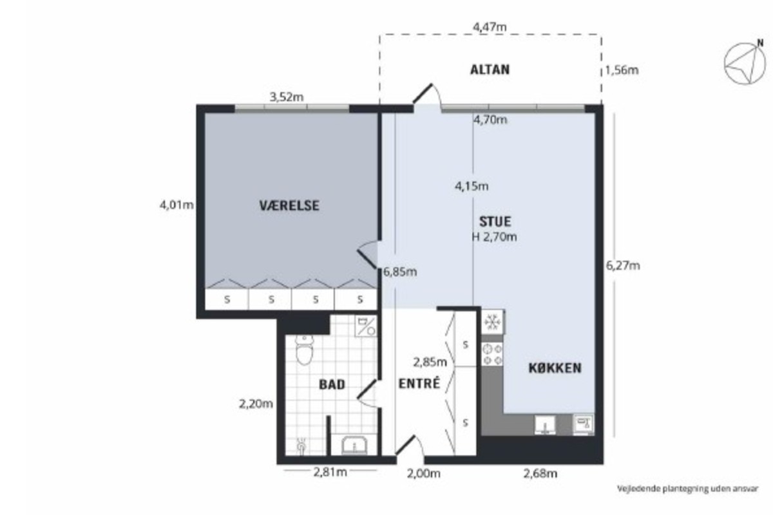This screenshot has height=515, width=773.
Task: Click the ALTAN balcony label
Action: pyautogui.click(x=490, y=70)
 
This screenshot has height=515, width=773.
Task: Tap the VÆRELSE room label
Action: pyautogui.click(x=289, y=205)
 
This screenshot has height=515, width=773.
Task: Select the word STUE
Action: pyautogui.click(x=495, y=221)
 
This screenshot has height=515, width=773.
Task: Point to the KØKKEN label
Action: pyautogui.click(x=555, y=368)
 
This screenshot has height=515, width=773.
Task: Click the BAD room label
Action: pyautogui.click(x=332, y=384)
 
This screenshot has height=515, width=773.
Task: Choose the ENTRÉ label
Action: pyautogui.click(x=419, y=383)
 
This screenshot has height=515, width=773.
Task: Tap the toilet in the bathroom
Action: pyautogui.click(x=304, y=349)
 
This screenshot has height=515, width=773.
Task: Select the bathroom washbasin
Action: pyautogui.click(x=354, y=445)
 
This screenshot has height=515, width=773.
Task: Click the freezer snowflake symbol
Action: pyautogui.click(x=492, y=322)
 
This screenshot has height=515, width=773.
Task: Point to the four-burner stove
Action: pyautogui.click(x=492, y=354)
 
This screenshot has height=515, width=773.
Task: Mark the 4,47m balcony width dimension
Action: pyautogui.click(x=490, y=27)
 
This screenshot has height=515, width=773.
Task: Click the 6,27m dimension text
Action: pyautogui.click(x=623, y=266)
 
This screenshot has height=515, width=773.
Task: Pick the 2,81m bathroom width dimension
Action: pyautogui.click(x=330, y=472)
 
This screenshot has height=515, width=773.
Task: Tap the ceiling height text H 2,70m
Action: pyautogui.click(x=494, y=237)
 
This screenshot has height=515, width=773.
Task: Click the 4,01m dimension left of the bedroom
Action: pyautogui.click(x=177, y=205)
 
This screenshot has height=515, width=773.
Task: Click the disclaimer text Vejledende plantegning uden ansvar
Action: pyautogui.click(x=687, y=489)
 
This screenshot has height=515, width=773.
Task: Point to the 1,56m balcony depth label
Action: pyautogui.click(x=622, y=70)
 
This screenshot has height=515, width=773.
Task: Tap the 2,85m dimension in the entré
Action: pyautogui.click(x=430, y=362)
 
